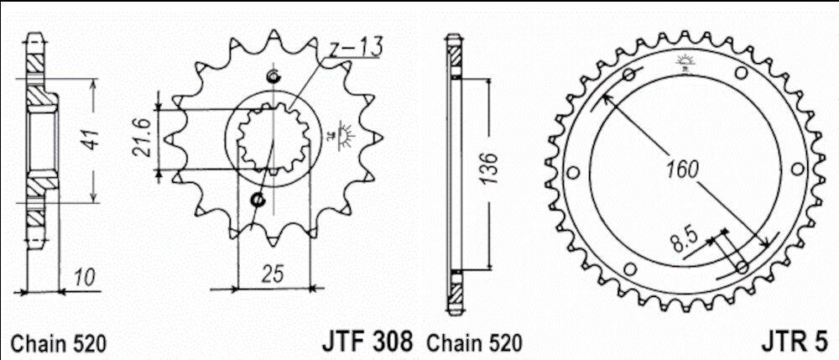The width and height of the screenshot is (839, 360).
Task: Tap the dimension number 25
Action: pyautogui.click(x=273, y=274)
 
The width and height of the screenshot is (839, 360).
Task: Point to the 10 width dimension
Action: pyautogui.click(x=84, y=278)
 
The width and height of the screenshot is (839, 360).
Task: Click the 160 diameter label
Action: pyautogui.click(x=682, y=170)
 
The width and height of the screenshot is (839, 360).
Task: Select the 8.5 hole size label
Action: pyautogui.click(x=681, y=242)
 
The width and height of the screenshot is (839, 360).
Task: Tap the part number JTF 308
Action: pyautogui.click(x=367, y=342)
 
